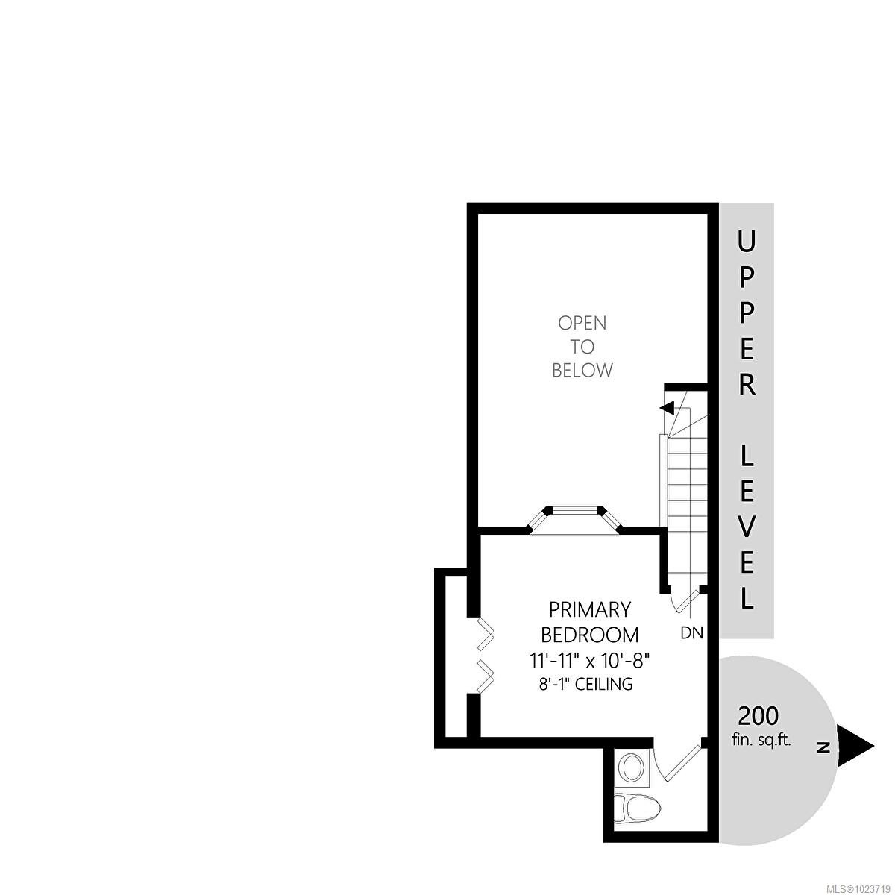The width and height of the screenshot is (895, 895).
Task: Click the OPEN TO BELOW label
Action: pyautogui.click(x=582, y=346)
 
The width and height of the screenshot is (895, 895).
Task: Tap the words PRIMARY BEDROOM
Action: pyautogui.click(x=589, y=622)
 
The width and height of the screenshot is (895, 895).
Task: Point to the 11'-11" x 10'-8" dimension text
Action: pyautogui.click(x=589, y=660)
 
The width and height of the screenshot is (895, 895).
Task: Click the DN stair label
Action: pyautogui.click(x=692, y=633)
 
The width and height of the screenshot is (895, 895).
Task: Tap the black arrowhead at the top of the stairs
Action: pyautogui.click(x=668, y=408)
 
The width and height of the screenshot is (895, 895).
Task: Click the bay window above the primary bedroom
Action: pyautogui.click(x=575, y=518)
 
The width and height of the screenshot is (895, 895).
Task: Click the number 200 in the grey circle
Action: pyautogui.click(x=759, y=716)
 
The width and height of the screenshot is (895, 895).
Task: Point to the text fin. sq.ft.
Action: pyautogui.click(x=761, y=741)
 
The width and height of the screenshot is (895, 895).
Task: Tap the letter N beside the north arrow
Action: pyautogui.click(x=823, y=747)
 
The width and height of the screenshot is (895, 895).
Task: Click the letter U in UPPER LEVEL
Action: pyautogui.click(x=747, y=242)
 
